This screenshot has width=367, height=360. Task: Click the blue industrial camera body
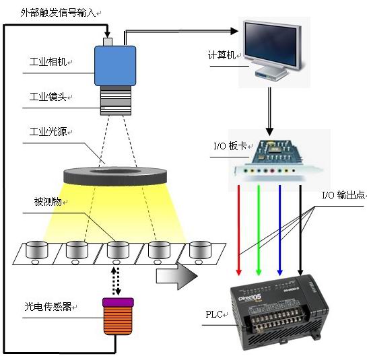point(115,66)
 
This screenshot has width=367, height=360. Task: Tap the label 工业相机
point(48,62)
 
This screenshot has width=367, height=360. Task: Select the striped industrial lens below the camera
point(115,100)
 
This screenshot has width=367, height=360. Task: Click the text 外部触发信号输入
point(58,12)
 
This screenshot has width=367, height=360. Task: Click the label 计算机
point(222,55)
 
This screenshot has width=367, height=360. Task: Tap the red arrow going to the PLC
point(239,230)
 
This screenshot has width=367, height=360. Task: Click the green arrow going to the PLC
point(259,230)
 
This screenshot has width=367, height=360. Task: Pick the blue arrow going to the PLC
point(279,230)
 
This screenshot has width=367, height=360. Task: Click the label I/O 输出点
point(343,195)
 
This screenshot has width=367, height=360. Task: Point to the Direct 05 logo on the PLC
point(250,298)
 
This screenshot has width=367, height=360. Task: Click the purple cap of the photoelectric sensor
point(118,302)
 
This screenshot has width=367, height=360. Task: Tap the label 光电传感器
point(48,306)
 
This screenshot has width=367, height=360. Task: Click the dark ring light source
point(115,176)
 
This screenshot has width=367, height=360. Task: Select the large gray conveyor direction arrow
point(176,276)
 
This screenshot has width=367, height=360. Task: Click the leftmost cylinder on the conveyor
point(37,250)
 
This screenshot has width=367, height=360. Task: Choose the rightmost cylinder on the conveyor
point(200,250)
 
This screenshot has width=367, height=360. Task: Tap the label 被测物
point(48,202)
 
